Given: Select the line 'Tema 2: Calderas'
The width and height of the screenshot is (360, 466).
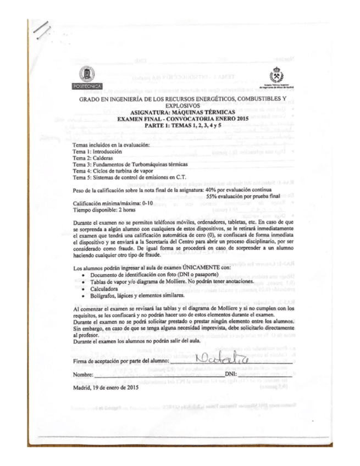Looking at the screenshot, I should click(x=88, y=157).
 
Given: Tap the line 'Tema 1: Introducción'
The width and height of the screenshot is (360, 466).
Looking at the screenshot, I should click(x=93, y=151).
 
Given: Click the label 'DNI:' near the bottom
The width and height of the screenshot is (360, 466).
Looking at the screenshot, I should click(x=231, y=375).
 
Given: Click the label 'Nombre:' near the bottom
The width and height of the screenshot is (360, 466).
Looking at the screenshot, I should click(x=83, y=375).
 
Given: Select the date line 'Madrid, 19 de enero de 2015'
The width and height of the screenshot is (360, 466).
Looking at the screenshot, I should click(x=106, y=386).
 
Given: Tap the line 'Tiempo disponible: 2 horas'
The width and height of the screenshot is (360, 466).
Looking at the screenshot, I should click(x=103, y=209).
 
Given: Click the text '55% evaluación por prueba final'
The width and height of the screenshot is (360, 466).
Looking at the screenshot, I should click(x=243, y=196).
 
